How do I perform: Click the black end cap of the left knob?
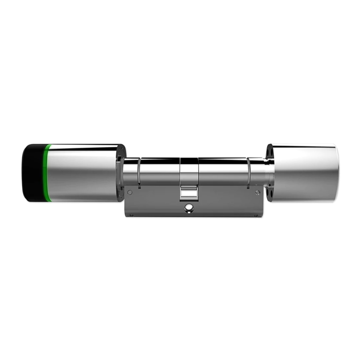tap(32, 172)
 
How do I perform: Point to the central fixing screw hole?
tap(187, 208)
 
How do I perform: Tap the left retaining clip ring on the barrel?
tap(139, 172)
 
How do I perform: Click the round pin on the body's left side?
tap(130, 193)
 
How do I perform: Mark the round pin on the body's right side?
tap(258, 193)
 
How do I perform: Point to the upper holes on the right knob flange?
tap(270, 152)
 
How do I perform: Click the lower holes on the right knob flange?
tap(270, 194)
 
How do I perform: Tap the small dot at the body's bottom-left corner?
tap(131, 215)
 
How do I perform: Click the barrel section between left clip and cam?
tap(159, 170)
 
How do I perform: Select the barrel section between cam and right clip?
tap(223, 170)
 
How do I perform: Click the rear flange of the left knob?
tap(121, 172)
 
